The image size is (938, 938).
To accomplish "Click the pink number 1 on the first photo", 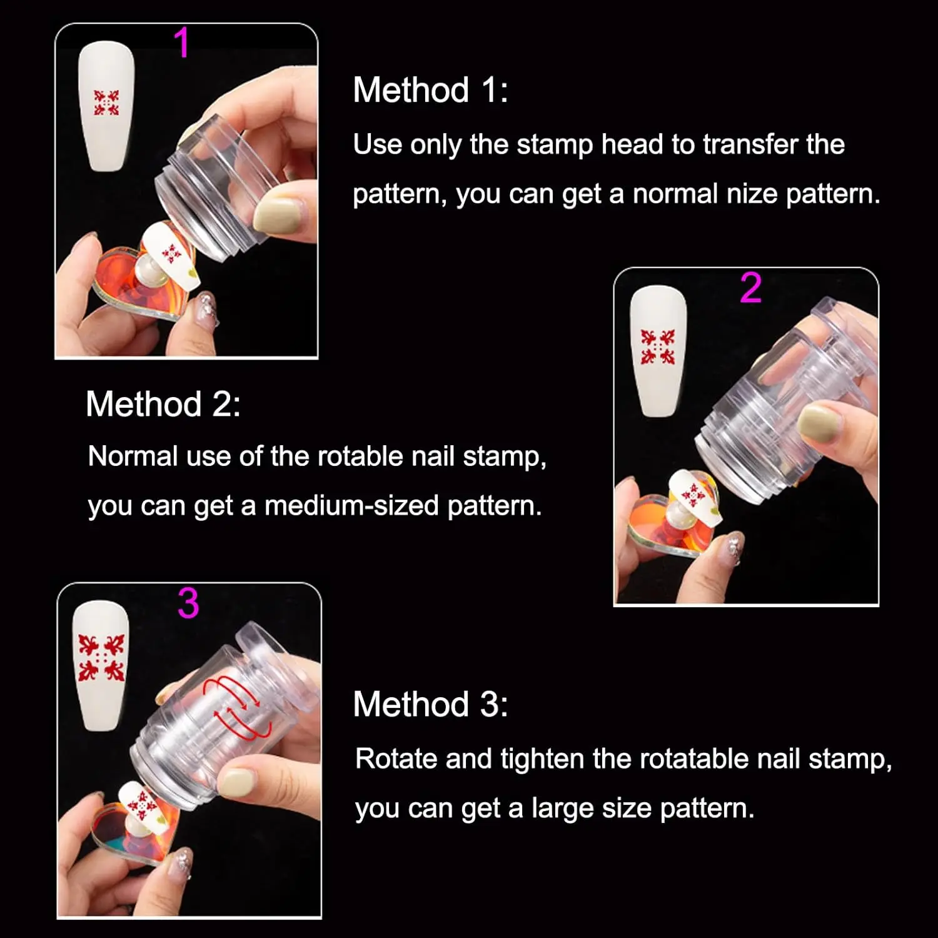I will coord(181,43).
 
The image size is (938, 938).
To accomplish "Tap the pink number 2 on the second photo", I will coord(750,288).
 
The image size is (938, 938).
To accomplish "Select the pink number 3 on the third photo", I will coord(188,603).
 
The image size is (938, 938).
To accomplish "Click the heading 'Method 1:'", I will coord(430,90).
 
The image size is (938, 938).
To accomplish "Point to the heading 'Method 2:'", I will coord(163,404).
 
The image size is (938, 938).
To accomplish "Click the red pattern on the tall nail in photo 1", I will coord(106,103).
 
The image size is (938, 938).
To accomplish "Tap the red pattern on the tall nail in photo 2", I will coord(658,347).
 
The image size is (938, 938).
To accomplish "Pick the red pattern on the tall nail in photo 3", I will coord(101,658).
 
